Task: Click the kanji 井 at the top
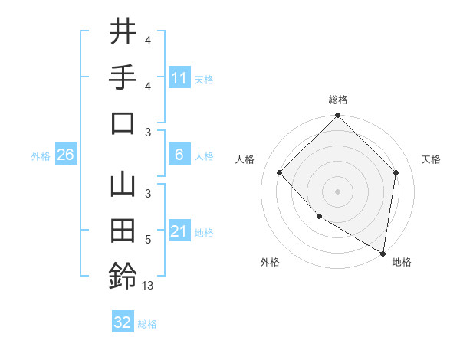tap(123, 32)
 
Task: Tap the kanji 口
tap(123, 123)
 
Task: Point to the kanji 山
tap(123, 186)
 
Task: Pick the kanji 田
tap(123, 231)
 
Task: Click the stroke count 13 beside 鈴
tap(148, 286)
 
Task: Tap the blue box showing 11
tap(179, 77)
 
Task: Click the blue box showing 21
tap(179, 231)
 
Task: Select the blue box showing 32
tap(123, 322)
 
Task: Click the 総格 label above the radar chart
tap(338, 100)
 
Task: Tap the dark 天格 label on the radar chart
tap(431, 159)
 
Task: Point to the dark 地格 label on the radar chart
tap(402, 262)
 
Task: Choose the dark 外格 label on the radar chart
tap(270, 262)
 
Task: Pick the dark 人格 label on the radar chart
tap(245, 159)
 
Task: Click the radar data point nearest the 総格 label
tap(337, 116)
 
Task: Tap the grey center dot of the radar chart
tap(337, 191)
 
